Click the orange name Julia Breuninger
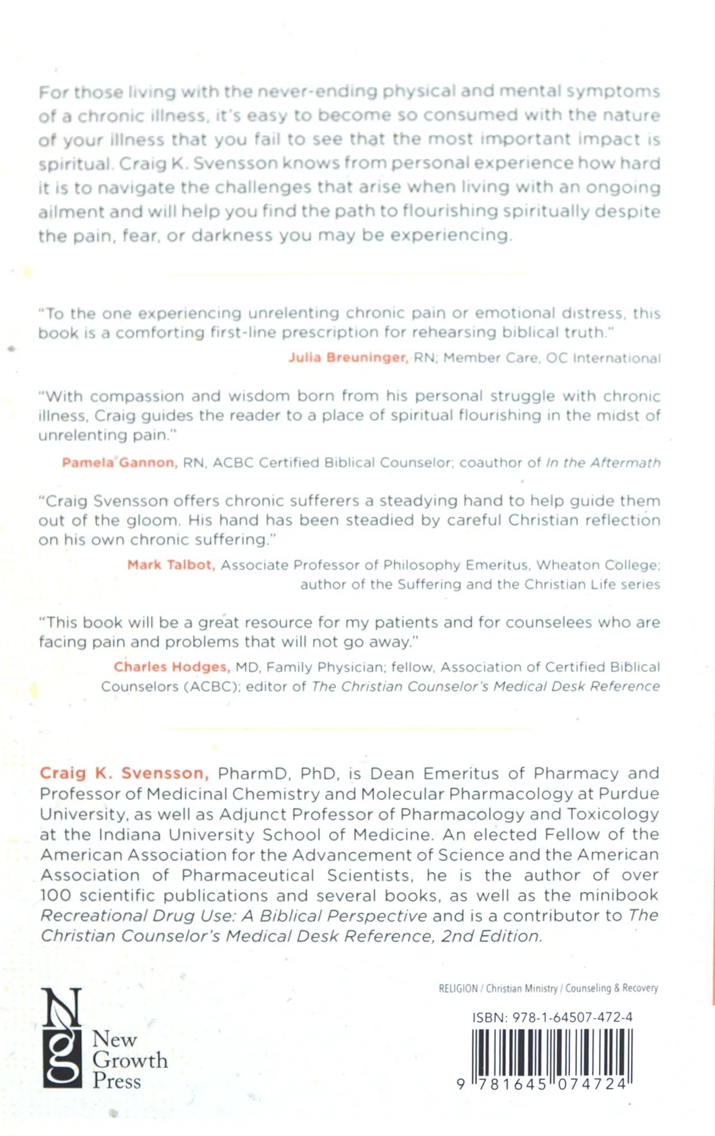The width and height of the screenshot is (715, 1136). [348, 358]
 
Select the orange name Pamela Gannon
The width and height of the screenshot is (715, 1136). [119, 462]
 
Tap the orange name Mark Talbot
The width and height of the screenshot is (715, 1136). [171, 565]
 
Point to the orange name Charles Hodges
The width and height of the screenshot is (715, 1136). [171, 667]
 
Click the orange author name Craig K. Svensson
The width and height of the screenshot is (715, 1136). [124, 773]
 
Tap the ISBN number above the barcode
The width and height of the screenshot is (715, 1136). [552, 1017]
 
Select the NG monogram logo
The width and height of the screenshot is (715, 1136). [62, 1038]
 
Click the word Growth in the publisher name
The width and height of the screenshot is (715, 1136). [130, 1060]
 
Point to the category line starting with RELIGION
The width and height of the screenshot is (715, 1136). [548, 988]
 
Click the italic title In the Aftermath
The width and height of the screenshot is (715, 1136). [603, 462]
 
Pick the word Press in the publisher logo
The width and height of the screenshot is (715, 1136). [116, 1081]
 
